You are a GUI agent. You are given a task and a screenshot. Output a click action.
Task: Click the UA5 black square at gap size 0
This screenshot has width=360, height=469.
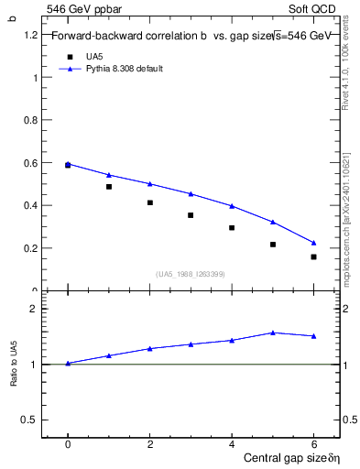click(68, 165)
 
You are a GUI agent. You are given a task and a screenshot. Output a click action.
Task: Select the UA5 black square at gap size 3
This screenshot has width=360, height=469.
click(191, 215)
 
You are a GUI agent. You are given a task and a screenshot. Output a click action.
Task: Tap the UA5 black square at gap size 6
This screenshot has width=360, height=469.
click(313, 256)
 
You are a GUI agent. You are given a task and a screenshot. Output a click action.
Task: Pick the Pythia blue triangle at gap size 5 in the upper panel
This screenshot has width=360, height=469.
click(273, 222)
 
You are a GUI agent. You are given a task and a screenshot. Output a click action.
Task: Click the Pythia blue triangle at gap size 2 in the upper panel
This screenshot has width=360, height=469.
click(149, 183)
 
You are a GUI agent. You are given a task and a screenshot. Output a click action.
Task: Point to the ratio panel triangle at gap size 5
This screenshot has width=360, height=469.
click(273, 333)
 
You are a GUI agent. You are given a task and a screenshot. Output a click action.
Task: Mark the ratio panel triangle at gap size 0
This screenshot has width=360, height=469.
click(68, 363)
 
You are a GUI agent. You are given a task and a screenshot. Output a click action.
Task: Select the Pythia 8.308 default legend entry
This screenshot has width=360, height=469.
click(124, 68)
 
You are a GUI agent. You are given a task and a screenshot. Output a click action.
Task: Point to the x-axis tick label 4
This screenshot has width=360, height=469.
click(232, 443)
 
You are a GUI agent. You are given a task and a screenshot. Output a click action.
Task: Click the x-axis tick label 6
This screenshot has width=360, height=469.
click(313, 443)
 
